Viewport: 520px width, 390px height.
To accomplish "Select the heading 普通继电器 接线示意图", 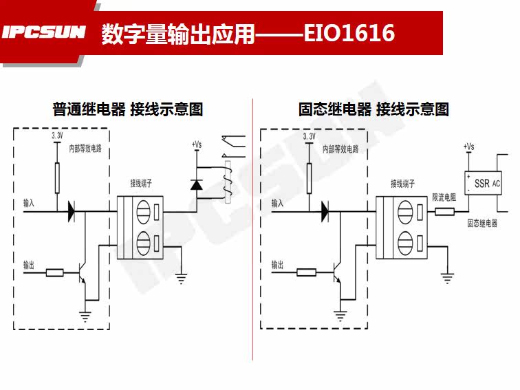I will click(x=128, y=109).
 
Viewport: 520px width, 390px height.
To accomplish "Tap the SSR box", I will click(x=484, y=184).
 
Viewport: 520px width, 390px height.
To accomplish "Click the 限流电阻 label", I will click(x=444, y=197).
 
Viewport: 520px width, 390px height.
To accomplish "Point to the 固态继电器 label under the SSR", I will click(x=481, y=224).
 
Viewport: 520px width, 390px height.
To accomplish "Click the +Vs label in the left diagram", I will click(x=196, y=145).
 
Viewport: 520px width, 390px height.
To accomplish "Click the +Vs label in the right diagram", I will click(x=468, y=147).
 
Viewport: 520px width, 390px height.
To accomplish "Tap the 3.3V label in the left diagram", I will click(x=57, y=137).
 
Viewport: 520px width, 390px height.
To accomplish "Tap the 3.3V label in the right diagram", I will click(x=309, y=137).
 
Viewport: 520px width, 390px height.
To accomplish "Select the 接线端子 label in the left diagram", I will click(x=141, y=184).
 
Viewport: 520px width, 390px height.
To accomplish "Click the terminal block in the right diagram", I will click(x=402, y=226).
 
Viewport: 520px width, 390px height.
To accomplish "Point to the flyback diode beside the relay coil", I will click(x=196, y=184).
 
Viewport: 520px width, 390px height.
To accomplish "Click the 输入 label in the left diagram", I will click(x=28, y=204).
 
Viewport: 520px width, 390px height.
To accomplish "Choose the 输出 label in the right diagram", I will click(x=277, y=263).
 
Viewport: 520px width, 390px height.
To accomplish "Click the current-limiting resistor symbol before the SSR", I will click(x=444, y=213).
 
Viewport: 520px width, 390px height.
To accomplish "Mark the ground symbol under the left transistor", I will click(x=86, y=317).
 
